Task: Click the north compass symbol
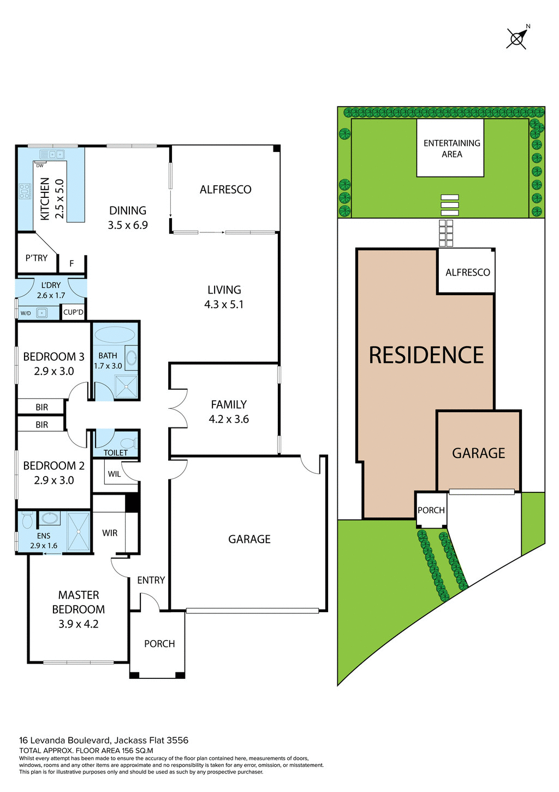point(516,38)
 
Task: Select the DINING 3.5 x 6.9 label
point(128,218)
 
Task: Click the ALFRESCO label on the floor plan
point(225,190)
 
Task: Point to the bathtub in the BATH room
point(114,335)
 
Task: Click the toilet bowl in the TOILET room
point(128,442)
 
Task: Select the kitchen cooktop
point(25,191)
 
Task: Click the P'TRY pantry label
point(37,258)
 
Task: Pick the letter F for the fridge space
point(72,264)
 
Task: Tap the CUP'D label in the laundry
point(73,312)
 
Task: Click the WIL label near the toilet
point(114,474)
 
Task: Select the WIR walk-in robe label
point(110,533)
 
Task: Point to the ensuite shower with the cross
point(78,531)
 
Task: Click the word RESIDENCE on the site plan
point(426,355)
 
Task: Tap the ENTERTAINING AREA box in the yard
point(451,149)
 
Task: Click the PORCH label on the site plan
point(431,510)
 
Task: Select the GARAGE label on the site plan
point(479,453)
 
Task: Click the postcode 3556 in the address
point(177,741)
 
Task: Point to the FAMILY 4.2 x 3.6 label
point(229,412)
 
